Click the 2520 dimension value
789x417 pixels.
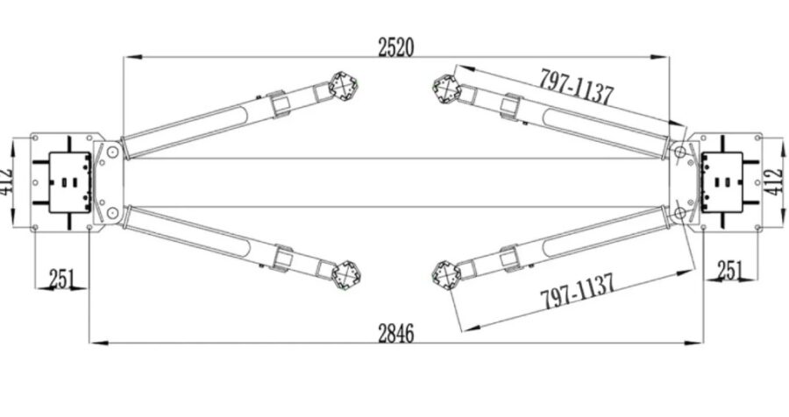[396, 46]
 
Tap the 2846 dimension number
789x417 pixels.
[396, 333]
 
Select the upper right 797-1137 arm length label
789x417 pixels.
[577, 87]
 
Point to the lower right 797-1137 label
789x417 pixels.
[578, 291]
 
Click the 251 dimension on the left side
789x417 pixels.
[61, 279]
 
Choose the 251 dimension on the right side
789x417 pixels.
[730, 270]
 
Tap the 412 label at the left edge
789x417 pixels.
[6, 181]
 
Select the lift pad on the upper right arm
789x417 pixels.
[447, 89]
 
